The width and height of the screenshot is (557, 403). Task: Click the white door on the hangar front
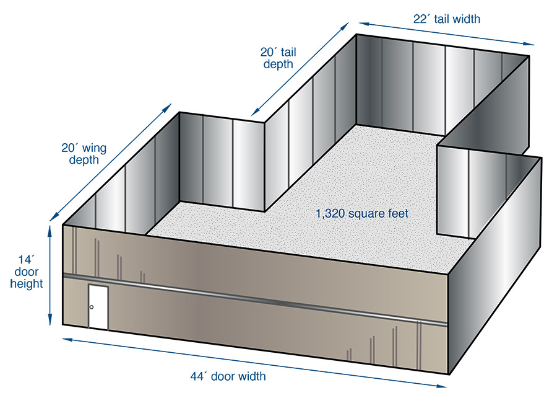[98, 308]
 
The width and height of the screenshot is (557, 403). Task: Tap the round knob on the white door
[92, 308]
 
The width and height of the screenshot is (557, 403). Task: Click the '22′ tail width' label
[446, 19]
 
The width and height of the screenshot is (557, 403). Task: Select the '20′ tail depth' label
[278, 58]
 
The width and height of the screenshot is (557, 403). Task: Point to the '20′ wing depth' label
[84, 154]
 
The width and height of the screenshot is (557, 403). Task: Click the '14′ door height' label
[26, 272]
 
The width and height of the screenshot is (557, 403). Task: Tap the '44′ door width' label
[228, 376]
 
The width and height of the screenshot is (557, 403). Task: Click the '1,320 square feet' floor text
[362, 214]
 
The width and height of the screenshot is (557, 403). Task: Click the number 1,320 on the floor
[330, 214]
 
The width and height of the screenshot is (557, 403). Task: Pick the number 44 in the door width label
[197, 376]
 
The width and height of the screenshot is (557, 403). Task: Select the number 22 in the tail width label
[420, 19]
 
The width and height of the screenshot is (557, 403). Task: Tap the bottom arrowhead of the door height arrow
[50, 319]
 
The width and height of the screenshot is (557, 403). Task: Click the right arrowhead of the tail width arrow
[529, 44]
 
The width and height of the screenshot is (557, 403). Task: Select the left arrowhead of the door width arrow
[69, 340]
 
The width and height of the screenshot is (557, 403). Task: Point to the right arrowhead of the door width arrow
[441, 386]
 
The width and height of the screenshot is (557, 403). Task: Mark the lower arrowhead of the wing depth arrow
[54, 216]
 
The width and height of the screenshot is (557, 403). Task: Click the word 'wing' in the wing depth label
[93, 149]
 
